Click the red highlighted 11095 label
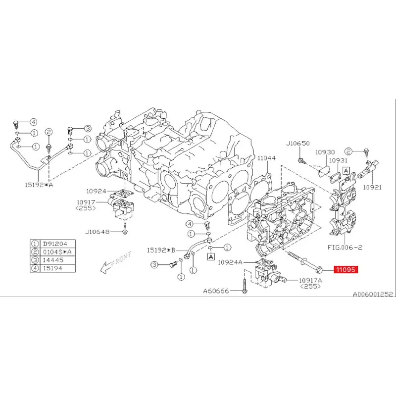pos(345,270)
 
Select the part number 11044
pos(266,158)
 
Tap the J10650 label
pos(297,144)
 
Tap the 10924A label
pos(230,262)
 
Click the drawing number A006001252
pos(372,293)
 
